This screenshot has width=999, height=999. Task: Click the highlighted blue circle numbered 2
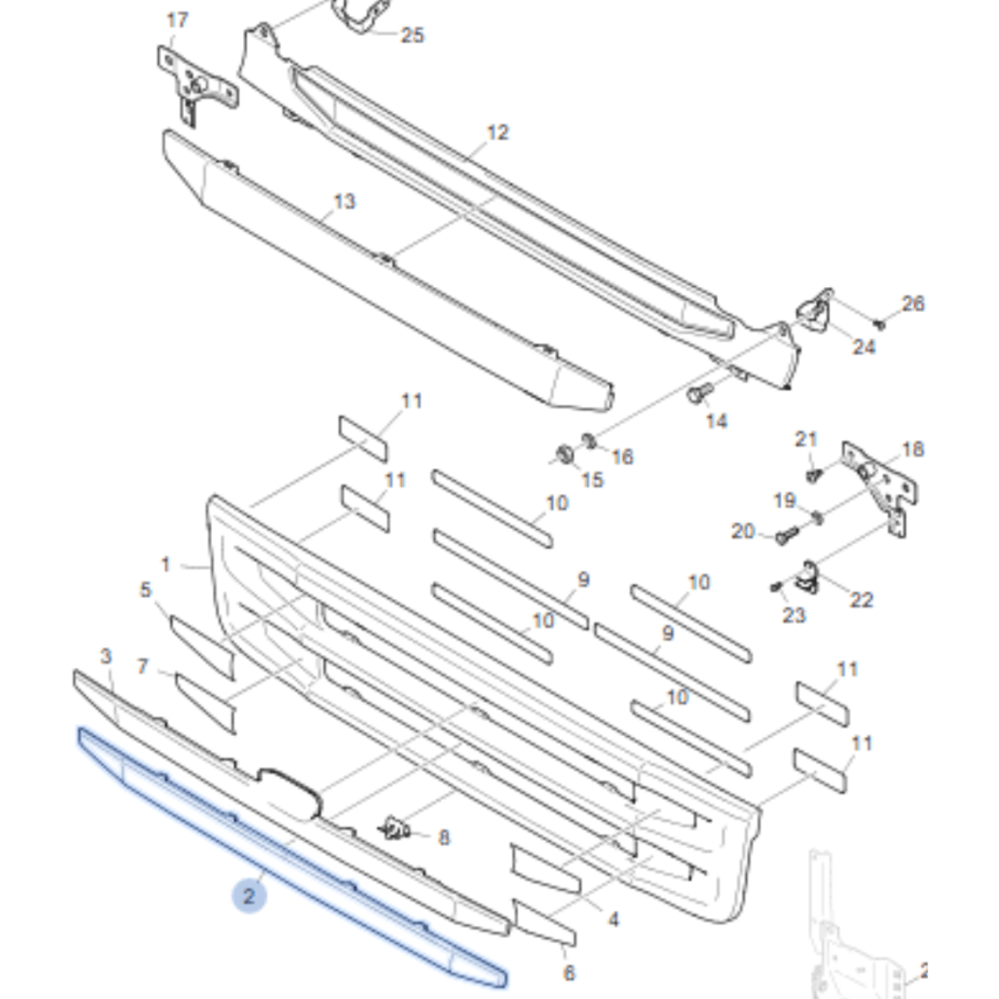(248, 897)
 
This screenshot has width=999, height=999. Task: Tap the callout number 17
(177, 20)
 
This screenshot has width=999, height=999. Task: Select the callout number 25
(412, 35)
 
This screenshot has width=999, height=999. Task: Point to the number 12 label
(497, 132)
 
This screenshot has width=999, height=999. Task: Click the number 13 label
(344, 201)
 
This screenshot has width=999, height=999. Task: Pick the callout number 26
(912, 304)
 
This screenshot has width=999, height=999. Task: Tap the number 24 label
(863, 346)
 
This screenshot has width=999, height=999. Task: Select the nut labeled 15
(563, 455)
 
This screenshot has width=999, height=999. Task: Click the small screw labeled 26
(881, 324)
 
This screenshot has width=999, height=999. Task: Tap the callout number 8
(443, 838)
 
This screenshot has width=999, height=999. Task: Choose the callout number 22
(861, 599)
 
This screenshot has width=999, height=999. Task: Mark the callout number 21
(806, 439)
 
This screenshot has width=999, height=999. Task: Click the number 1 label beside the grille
(166, 565)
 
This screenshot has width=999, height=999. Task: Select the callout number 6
(569, 972)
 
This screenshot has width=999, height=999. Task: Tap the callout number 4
(613, 919)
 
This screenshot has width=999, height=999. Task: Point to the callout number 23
(794, 615)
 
